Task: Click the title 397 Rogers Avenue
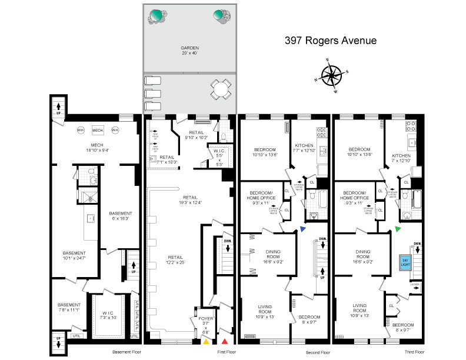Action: pos(330,41)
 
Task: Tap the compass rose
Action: pos(333,75)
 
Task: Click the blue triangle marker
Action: pos(302,229)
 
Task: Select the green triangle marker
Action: pos(398,229)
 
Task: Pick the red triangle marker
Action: pos(225,341)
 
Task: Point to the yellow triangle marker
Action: pos(206,341)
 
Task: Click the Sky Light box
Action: pos(405,261)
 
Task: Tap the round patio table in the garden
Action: pos(219,90)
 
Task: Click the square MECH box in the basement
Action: pos(97,130)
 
